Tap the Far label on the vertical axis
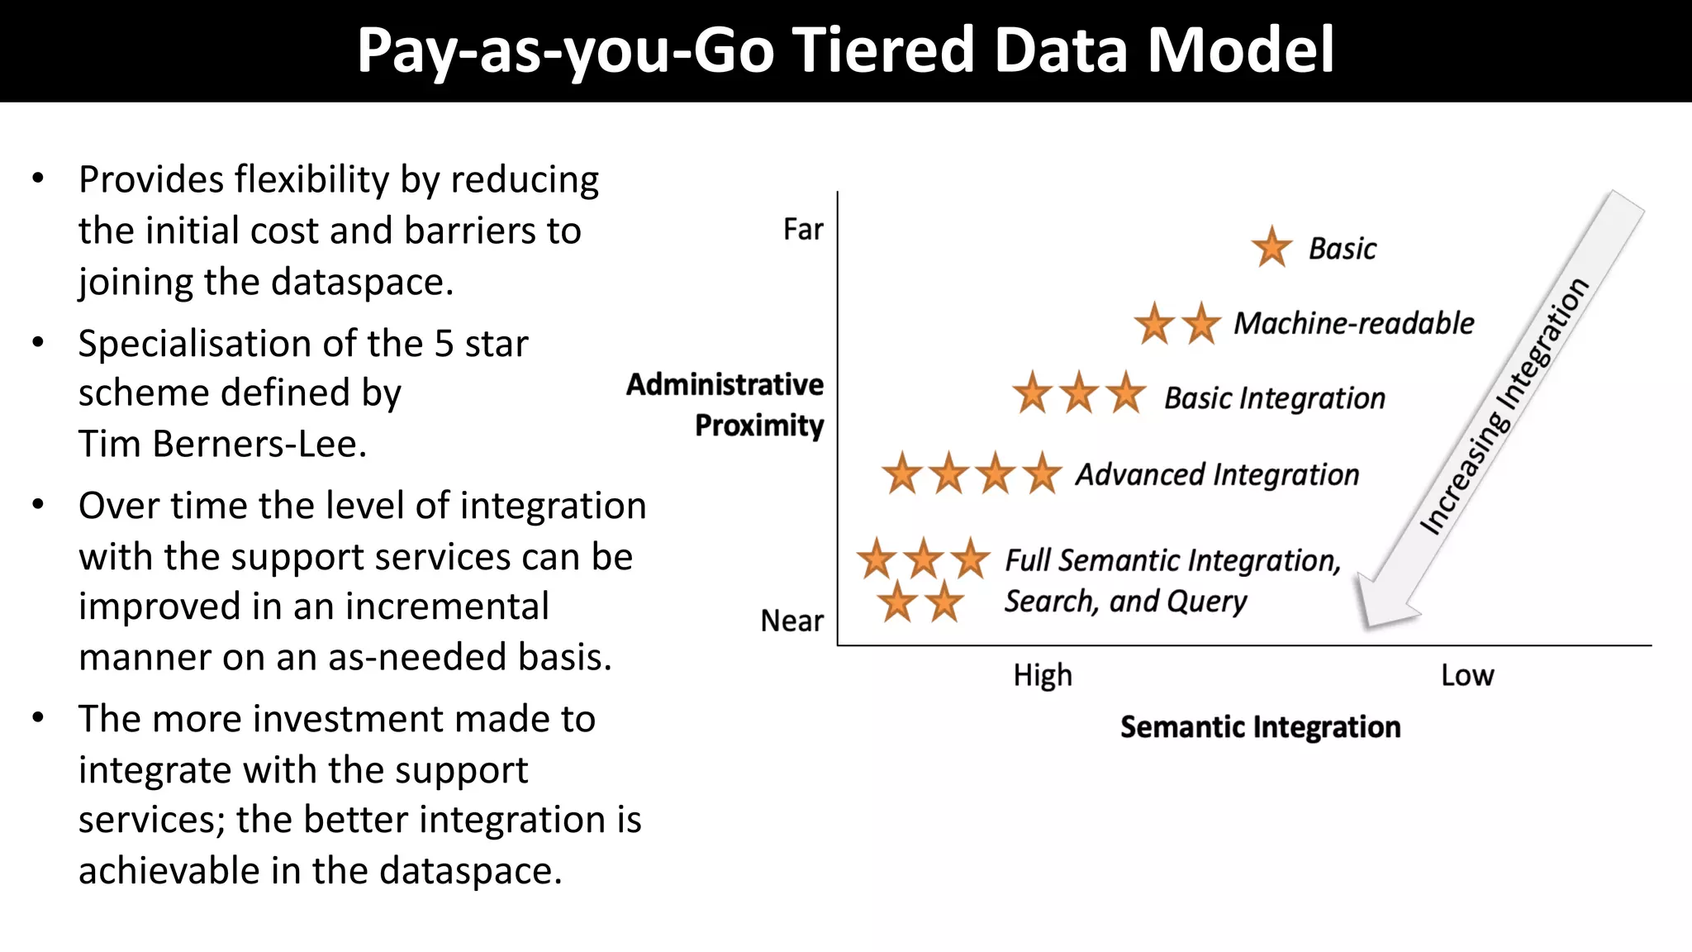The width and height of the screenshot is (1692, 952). (x=803, y=229)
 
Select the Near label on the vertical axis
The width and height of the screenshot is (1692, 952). (x=791, y=621)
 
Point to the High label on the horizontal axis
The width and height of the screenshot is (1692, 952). (x=1043, y=675)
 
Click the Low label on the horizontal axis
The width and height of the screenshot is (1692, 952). (x=1467, y=675)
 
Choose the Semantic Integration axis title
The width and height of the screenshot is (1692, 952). (x=1260, y=727)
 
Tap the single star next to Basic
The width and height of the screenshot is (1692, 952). (x=1271, y=247)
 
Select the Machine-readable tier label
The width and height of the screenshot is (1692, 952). (x=1353, y=323)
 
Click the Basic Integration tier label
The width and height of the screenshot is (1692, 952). (x=1274, y=398)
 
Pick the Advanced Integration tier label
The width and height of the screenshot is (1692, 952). (x=1217, y=475)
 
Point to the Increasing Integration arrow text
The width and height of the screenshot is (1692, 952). (x=1504, y=407)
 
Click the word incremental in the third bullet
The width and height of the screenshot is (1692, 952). (x=446, y=607)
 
